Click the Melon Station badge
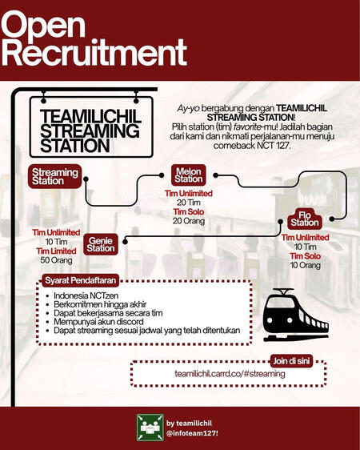coord(188,175)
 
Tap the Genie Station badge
coord(100,244)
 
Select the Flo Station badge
coord(305,219)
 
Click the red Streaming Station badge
coord(54,176)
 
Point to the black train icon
coord(296,315)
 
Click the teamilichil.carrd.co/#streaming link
coord(230,374)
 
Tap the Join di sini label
coord(291,361)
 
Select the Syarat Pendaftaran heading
coord(81,280)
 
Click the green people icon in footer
coord(150,428)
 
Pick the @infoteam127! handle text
coord(194,433)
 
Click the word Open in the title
coord(43,24)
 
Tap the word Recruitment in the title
coord(94,53)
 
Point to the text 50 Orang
coord(56,260)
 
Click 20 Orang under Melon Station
coord(189,221)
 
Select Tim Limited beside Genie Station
coord(56,251)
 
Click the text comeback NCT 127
coord(252,146)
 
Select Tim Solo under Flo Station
coord(305,256)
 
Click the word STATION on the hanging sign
coord(75,146)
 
